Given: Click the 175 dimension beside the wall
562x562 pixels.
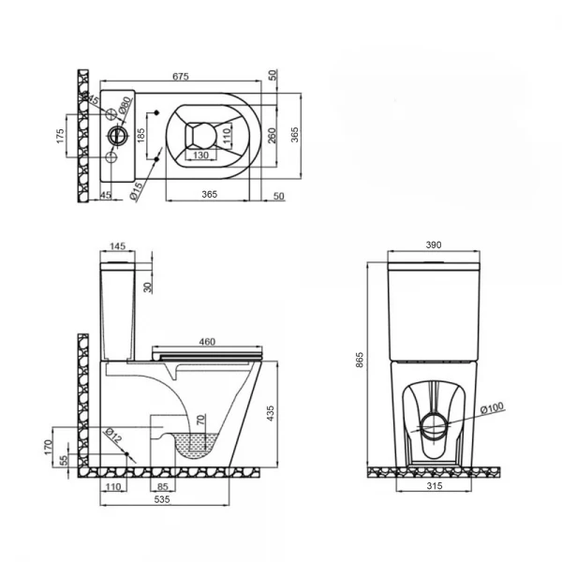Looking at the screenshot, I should (61, 135).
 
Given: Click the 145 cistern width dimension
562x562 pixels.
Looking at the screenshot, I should (117, 246).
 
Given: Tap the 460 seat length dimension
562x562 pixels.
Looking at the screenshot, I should (208, 342).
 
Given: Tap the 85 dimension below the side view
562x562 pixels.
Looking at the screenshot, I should (164, 486).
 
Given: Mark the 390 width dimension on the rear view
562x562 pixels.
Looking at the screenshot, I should (434, 244).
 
